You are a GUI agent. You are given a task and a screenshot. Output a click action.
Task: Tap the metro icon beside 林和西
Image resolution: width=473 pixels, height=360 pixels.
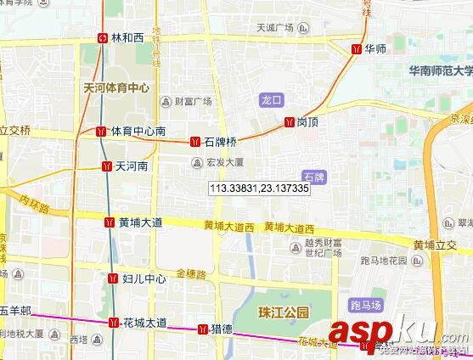pos(103,38)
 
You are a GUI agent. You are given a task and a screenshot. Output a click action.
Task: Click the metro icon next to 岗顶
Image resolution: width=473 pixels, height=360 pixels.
pos(290,122)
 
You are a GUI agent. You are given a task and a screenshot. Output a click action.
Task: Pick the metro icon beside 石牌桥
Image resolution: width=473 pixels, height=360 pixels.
pos(195,141)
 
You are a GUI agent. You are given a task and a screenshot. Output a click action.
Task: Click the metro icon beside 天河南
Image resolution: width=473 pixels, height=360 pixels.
pos(107,166)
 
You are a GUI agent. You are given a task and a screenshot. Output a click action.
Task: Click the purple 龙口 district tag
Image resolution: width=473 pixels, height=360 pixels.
pos(271,100)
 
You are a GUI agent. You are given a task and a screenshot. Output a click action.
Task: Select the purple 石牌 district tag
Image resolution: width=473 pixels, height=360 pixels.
pos(313,177)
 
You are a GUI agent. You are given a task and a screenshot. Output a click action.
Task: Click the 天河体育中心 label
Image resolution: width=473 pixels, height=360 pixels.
pos(116,87)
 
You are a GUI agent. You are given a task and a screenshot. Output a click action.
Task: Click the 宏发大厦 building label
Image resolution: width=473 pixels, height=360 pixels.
pos(224,161)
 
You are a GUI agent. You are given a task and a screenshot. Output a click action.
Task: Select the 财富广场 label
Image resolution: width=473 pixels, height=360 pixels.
pos(192,101)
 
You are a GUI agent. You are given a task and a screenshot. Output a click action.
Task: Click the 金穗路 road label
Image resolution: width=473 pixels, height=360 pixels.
pos(191,274)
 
